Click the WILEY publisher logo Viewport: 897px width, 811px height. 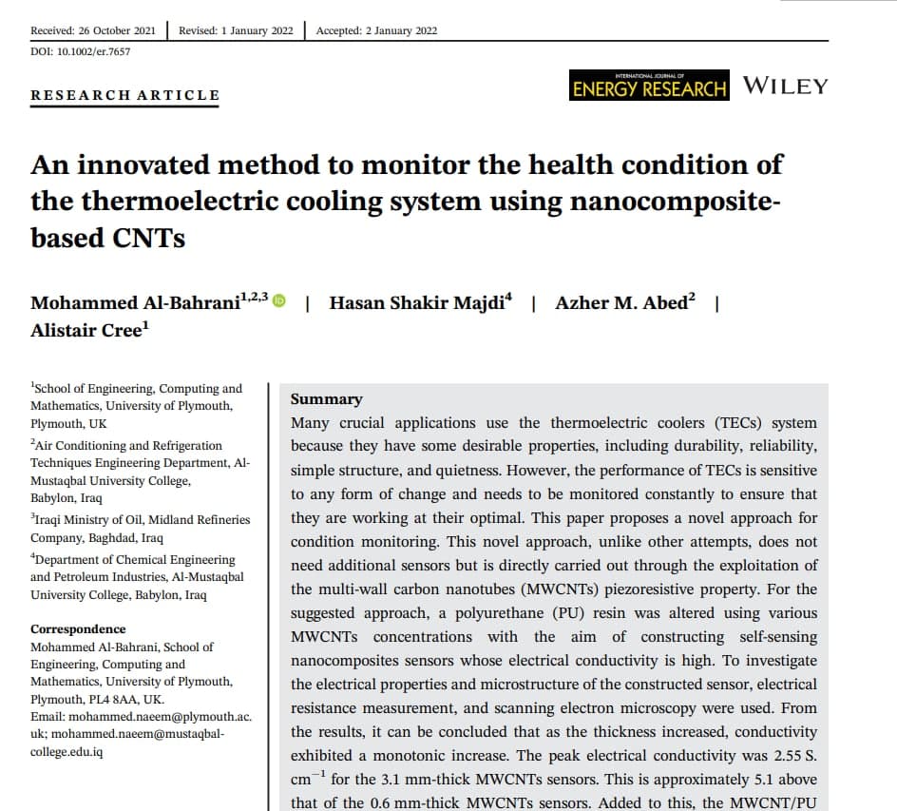pyautogui.click(x=785, y=86)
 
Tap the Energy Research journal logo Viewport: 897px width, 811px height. pyautogui.click(x=649, y=87)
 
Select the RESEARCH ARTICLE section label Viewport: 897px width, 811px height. pyautogui.click(x=124, y=95)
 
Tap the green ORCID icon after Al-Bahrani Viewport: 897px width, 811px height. pyautogui.click(x=279, y=301)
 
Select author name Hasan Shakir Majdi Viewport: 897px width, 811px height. pyautogui.click(x=420, y=303)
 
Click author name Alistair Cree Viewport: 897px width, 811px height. pyautogui.click(x=88, y=330)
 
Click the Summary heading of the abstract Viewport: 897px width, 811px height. pyautogui.click(x=326, y=399)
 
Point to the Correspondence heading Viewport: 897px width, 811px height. pyautogui.click(x=78, y=629)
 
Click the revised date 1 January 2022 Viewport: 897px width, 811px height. pyautogui.click(x=237, y=30)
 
